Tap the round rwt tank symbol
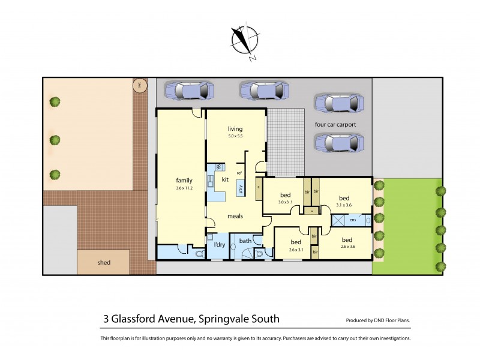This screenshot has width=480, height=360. click(140, 85)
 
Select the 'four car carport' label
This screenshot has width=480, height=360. click(335, 125)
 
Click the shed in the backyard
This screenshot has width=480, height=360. click(103, 262)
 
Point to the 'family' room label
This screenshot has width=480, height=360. click(184, 180)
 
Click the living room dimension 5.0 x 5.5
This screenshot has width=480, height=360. click(235, 137)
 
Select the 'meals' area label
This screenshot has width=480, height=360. click(235, 216)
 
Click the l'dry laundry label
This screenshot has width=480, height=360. click(219, 245)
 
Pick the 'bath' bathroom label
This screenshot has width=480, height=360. click(245, 241)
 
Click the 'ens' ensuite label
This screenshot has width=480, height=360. click(353, 220)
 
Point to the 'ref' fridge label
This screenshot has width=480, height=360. click(239, 173)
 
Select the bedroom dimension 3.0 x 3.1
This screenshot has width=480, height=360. click(285, 202)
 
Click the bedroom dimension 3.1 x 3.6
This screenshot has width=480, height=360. click(344, 205)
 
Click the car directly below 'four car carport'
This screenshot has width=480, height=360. click(339, 143)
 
